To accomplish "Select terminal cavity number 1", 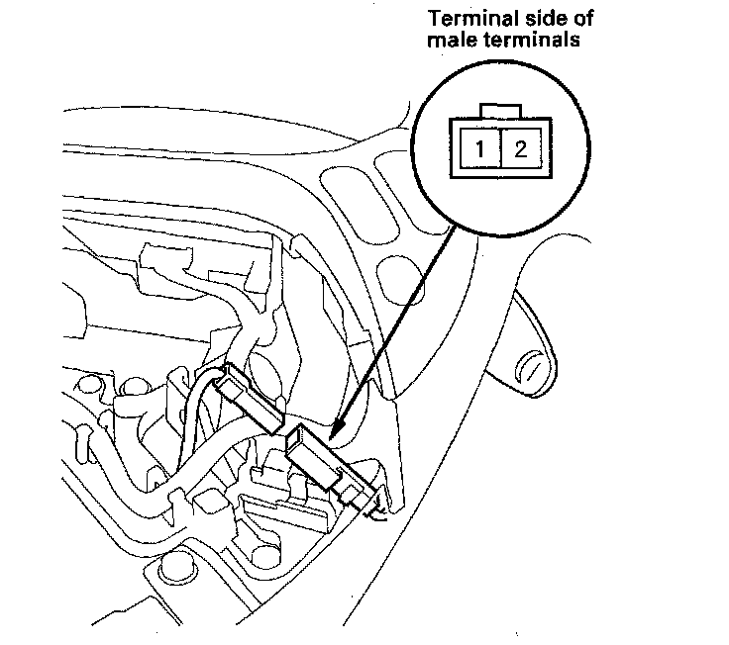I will tap(479, 151).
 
